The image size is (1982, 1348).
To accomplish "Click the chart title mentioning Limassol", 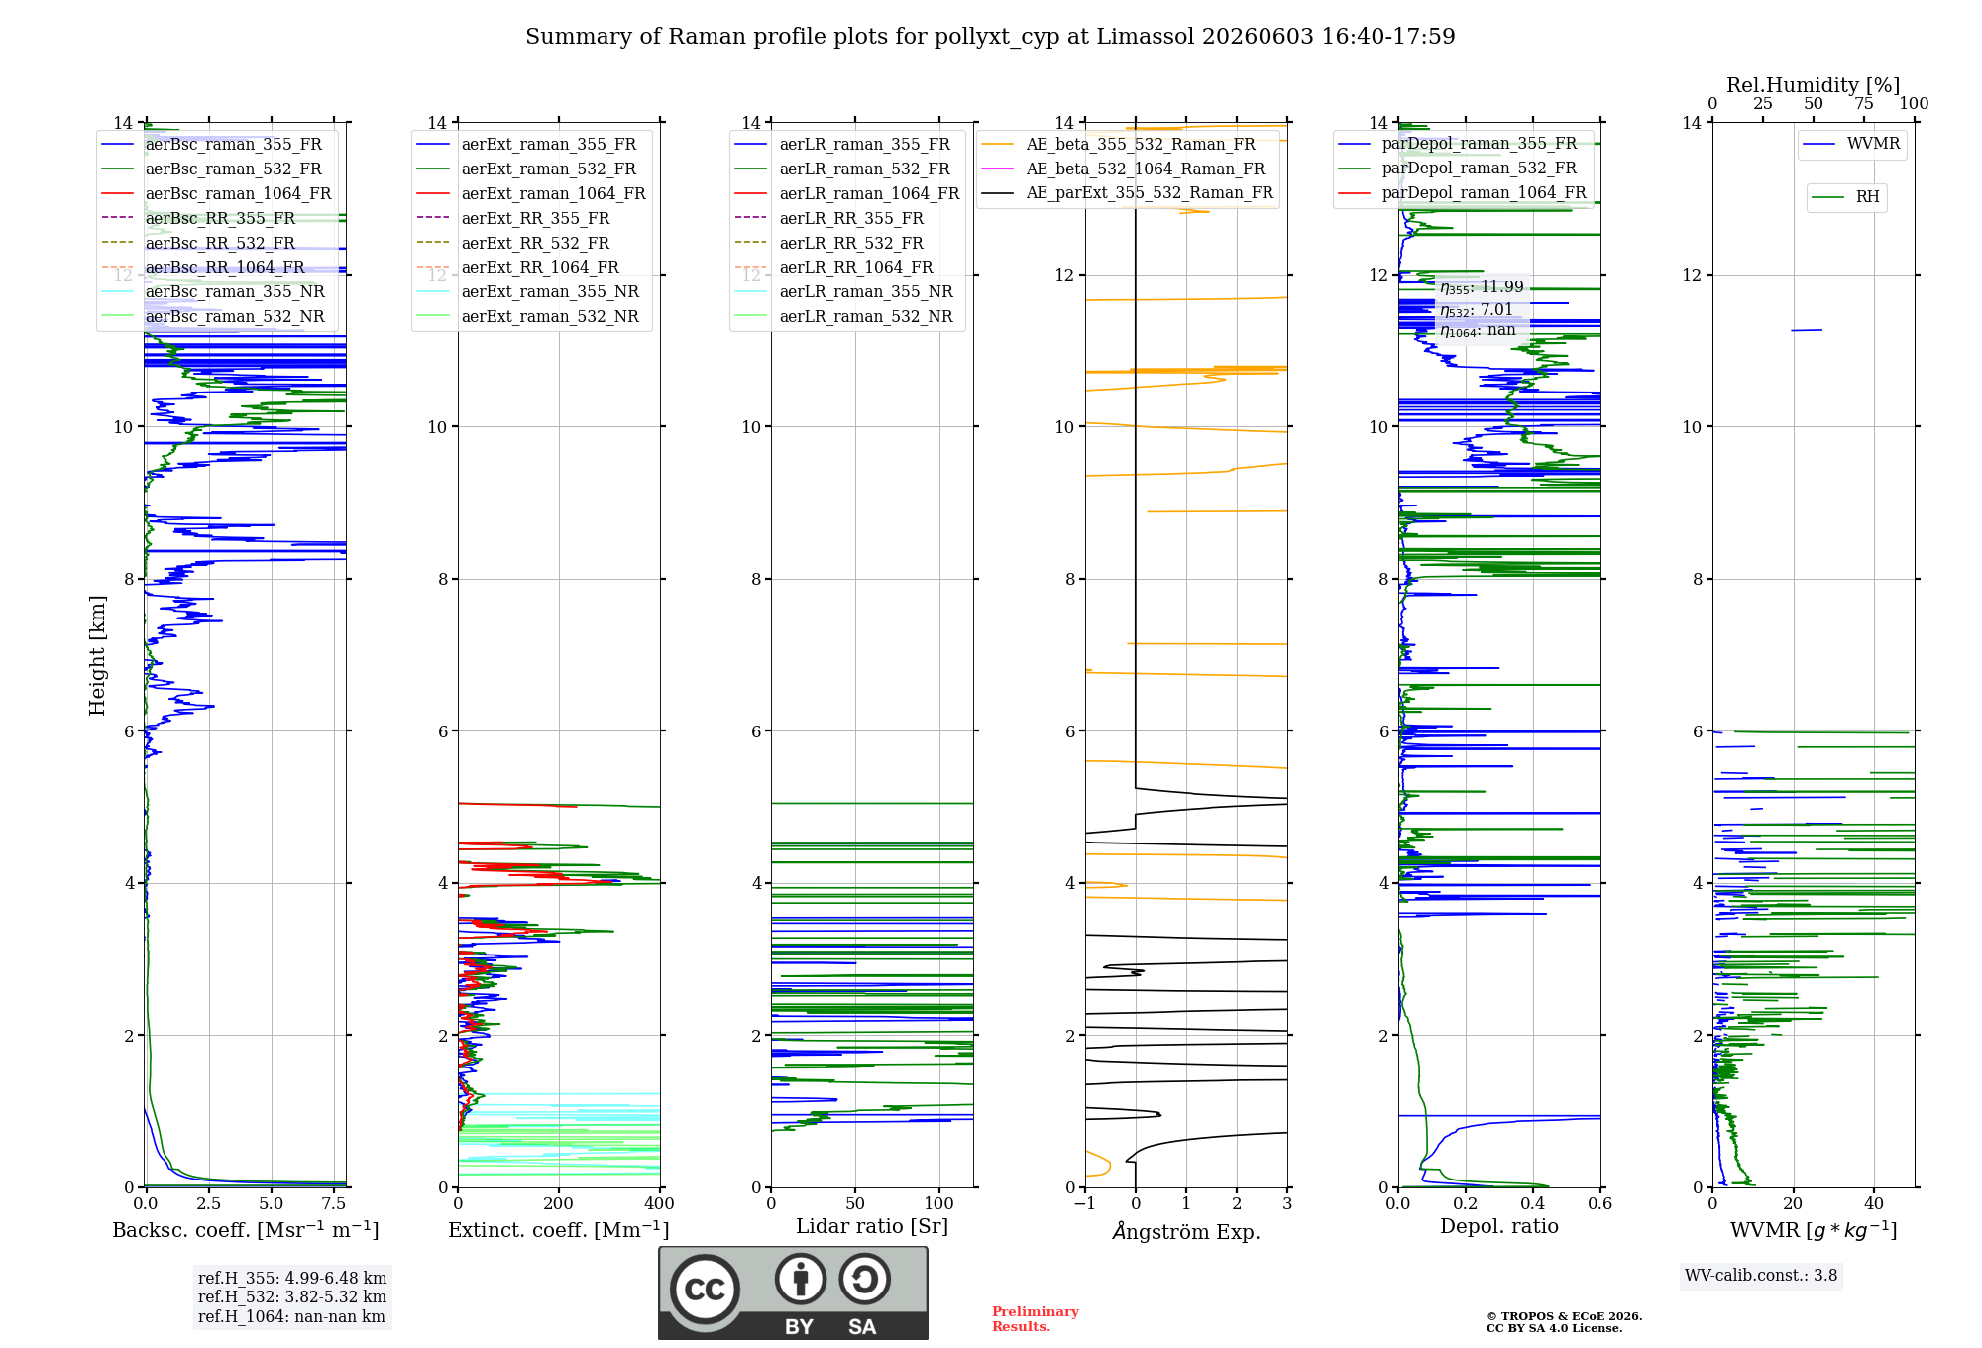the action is click(x=990, y=37).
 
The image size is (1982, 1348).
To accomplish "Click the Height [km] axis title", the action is click(x=97, y=655).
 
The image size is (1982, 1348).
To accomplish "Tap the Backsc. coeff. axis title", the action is click(x=246, y=1230).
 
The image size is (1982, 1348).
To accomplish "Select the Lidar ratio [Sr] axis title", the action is click(x=872, y=1227).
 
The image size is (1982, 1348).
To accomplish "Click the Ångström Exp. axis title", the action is click(x=1186, y=1231).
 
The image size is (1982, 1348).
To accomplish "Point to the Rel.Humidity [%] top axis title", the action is click(x=1814, y=85).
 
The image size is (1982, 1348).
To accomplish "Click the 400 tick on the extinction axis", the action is click(x=660, y=1204).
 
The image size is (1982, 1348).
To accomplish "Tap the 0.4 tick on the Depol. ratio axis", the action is click(x=1533, y=1204).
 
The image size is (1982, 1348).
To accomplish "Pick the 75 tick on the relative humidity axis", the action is click(x=1864, y=104).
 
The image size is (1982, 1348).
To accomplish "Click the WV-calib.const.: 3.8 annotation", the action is click(x=1761, y=1276).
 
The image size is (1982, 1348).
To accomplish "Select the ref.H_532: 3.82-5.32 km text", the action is click(x=292, y=1297).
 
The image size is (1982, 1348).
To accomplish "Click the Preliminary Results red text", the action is click(x=1036, y=1319).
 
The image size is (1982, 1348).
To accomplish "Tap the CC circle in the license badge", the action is click(x=705, y=1290).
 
